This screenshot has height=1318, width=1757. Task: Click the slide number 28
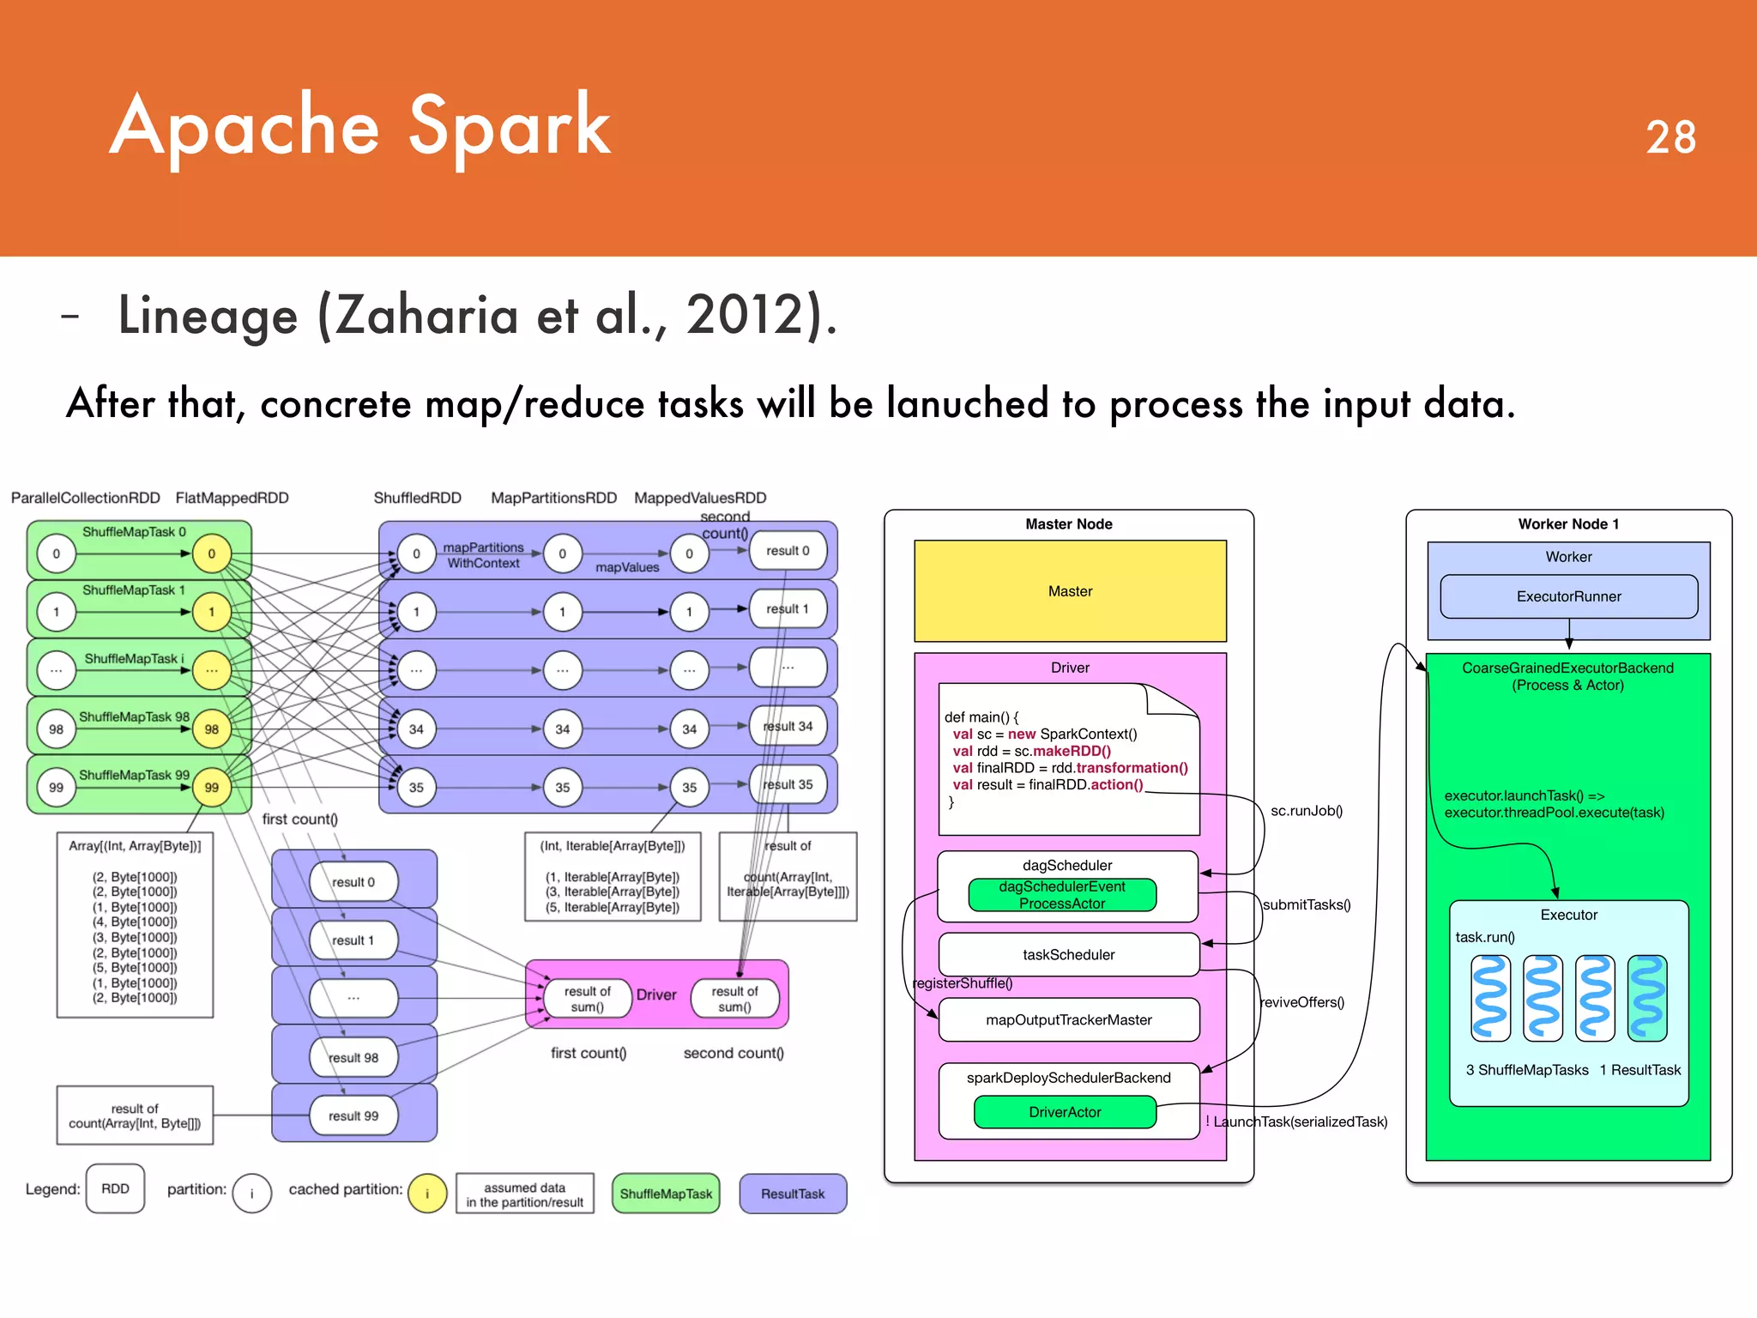click(1670, 137)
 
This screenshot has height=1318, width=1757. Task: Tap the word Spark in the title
click(510, 127)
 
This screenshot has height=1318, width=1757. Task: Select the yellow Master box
click(1070, 591)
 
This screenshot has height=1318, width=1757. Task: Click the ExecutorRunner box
click(1568, 596)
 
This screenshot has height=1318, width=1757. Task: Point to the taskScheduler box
click(1068, 954)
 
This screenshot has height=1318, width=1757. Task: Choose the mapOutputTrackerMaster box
click(1068, 1019)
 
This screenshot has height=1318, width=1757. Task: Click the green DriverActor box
click(1065, 1112)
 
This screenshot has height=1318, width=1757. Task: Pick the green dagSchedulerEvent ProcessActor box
click(1062, 895)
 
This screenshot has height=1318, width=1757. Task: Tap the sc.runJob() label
click(1306, 811)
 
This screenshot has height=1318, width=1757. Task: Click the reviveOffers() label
click(1301, 1002)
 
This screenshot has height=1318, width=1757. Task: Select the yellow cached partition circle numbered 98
click(211, 729)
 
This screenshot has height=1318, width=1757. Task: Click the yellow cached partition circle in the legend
click(427, 1194)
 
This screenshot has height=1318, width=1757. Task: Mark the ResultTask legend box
click(793, 1194)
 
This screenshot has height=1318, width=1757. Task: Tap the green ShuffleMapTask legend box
click(666, 1194)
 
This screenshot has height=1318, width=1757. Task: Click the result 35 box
click(788, 784)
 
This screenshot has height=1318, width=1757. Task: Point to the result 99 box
click(353, 1115)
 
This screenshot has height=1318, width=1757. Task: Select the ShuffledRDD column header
click(417, 498)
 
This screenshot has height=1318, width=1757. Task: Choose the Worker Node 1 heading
click(1568, 524)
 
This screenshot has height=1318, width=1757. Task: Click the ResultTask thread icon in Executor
click(1647, 998)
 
